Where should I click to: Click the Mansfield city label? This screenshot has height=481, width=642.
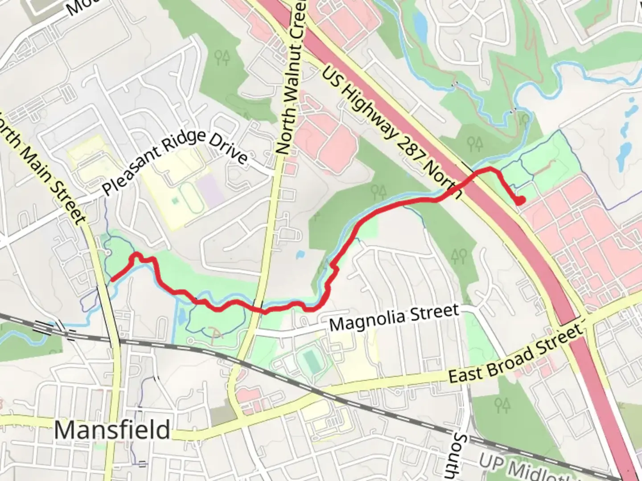point(112,430)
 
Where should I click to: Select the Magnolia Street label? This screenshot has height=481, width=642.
point(394,317)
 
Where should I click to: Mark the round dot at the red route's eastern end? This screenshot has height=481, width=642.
point(520,201)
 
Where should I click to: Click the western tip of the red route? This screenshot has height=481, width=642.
point(112,280)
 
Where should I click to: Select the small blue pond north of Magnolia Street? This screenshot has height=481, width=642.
point(300,255)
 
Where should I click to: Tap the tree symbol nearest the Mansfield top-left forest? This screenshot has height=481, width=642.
point(222,57)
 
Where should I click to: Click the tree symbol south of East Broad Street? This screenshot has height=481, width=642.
point(502,405)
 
